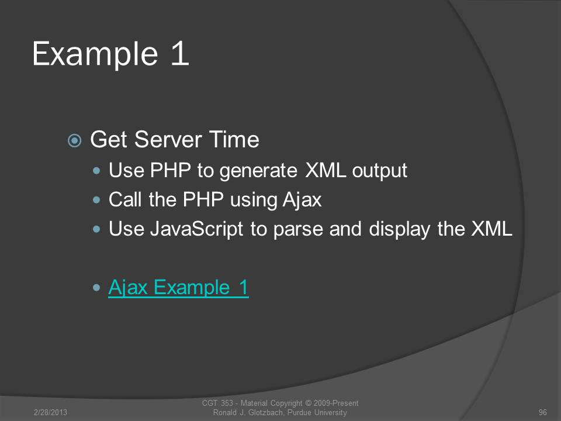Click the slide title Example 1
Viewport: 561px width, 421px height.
110,54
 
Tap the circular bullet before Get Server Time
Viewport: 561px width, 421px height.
74,140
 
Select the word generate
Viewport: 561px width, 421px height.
258,171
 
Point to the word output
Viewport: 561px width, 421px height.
380,171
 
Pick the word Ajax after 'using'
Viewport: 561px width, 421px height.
302,200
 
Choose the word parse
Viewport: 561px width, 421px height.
298,229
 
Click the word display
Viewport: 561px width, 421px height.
399,229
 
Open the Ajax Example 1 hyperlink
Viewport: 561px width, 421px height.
178,288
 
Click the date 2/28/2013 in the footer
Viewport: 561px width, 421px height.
50,412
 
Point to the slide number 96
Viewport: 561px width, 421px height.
543,412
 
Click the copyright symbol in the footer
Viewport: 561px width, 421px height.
308,403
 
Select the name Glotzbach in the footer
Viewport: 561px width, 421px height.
266,412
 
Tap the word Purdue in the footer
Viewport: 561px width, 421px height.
299,412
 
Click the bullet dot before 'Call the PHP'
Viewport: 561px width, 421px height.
96,200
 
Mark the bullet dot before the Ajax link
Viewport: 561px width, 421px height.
96,288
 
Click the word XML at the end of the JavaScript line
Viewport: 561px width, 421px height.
492,229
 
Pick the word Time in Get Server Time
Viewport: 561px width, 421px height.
234,139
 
